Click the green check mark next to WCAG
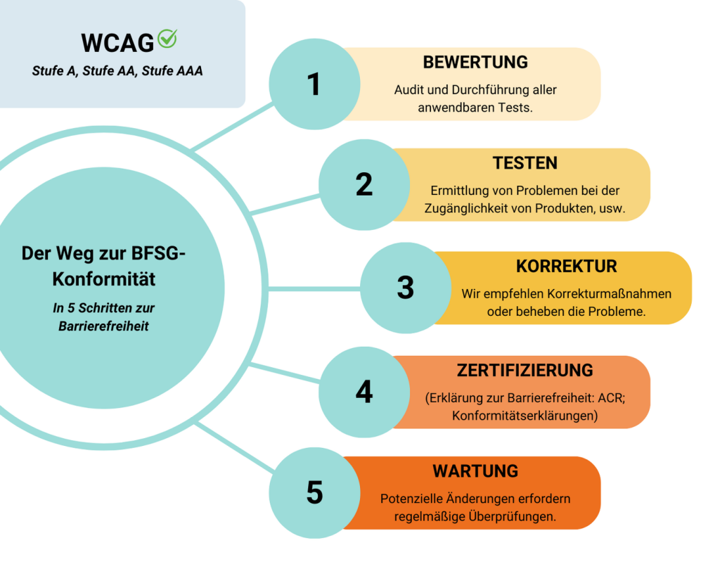pyautogui.click(x=167, y=39)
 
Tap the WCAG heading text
pyautogui.click(x=117, y=43)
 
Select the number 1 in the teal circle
pyautogui.click(x=314, y=84)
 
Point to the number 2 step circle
pyautogui.click(x=364, y=185)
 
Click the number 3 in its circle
pyautogui.click(x=406, y=288)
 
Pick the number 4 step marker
pyautogui.click(x=364, y=392)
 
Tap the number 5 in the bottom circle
pyautogui.click(x=314, y=492)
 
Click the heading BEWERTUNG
pyautogui.click(x=475, y=63)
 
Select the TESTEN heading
pyautogui.click(x=525, y=163)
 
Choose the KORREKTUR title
pyautogui.click(x=566, y=267)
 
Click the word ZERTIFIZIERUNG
pyautogui.click(x=525, y=370)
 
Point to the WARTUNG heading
pyautogui.click(x=475, y=471)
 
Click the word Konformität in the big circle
pyautogui.click(x=104, y=279)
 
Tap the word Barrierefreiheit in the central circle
pyautogui.click(x=104, y=326)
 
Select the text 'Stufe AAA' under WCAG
pyautogui.click(x=172, y=71)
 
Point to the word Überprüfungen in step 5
pyautogui.click(x=512, y=516)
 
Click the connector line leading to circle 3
pyautogui.click(x=314, y=289)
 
